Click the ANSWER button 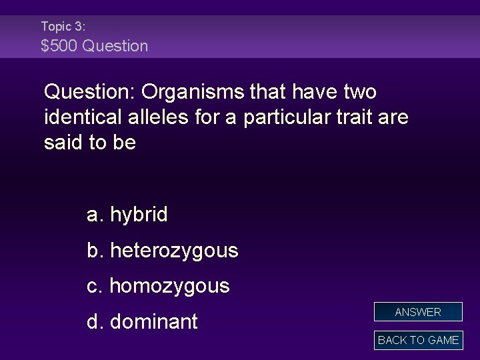[418, 312]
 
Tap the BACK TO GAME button [418, 340]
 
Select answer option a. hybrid [127, 215]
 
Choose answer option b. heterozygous [162, 251]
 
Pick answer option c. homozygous [158, 286]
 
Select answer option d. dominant [142, 322]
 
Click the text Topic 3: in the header [63, 26]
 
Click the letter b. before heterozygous [95, 251]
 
